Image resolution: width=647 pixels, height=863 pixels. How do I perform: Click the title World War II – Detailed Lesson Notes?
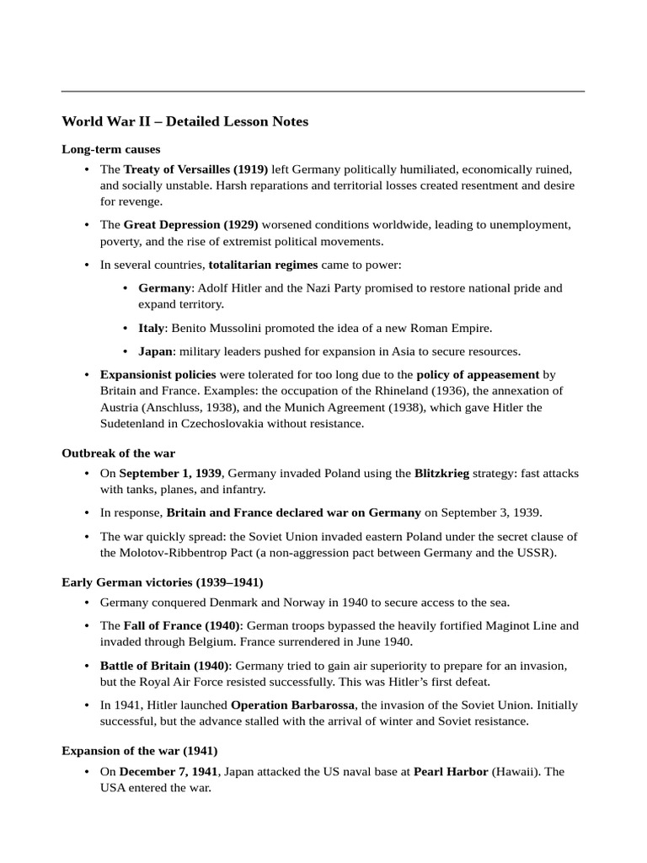point(184,121)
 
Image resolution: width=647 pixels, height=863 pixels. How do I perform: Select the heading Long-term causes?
point(110,149)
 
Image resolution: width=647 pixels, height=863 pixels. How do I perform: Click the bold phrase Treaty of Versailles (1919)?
point(195,169)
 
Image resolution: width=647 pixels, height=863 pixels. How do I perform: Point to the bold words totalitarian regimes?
point(263,265)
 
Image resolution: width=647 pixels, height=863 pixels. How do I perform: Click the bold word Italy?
point(152,328)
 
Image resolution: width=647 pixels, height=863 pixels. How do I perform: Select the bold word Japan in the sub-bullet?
point(156,351)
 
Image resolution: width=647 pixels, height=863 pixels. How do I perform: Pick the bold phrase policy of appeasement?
point(478,374)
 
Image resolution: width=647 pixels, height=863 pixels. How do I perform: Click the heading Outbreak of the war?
point(118,453)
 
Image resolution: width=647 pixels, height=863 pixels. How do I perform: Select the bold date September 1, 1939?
point(170,474)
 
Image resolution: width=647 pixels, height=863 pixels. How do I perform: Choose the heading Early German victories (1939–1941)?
point(162,582)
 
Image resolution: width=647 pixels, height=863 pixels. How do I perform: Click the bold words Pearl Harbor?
point(451,772)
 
